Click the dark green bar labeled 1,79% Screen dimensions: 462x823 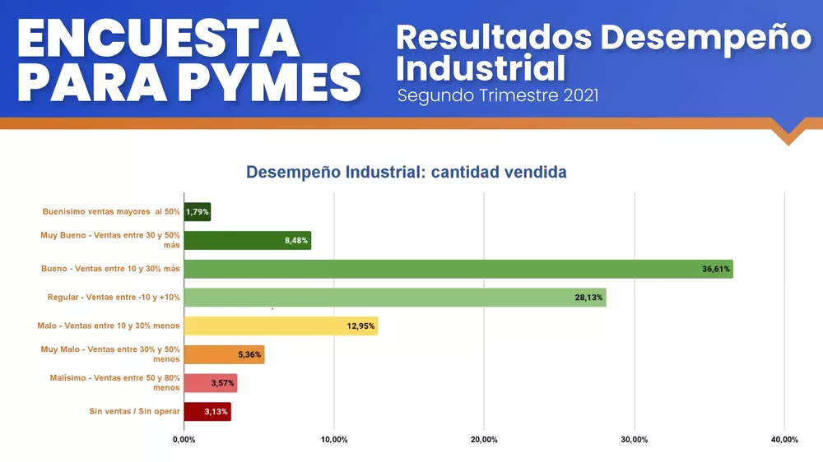tap(197, 212)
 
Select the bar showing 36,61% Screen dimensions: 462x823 tap(458, 269)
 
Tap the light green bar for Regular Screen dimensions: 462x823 tap(394, 298)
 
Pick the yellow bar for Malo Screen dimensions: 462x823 tap(280, 326)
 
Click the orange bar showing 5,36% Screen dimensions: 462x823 tap(224, 354)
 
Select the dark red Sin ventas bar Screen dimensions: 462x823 tap(207, 412)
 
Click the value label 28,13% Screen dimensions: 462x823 tap(588, 298)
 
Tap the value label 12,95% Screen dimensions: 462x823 tap(360, 326)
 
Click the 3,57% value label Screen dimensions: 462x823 tap(220, 383)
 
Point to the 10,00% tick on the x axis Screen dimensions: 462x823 tap(333, 440)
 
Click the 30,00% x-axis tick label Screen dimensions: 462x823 tap(634, 440)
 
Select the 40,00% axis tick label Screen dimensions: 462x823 tap(783, 440)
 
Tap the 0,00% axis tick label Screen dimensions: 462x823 tap(184, 440)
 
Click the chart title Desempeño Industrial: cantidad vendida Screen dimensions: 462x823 tap(407, 173)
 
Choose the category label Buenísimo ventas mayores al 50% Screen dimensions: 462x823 tap(111, 212)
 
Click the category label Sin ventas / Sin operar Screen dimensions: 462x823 tap(134, 412)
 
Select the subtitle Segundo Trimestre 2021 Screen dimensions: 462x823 tap(497, 95)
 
